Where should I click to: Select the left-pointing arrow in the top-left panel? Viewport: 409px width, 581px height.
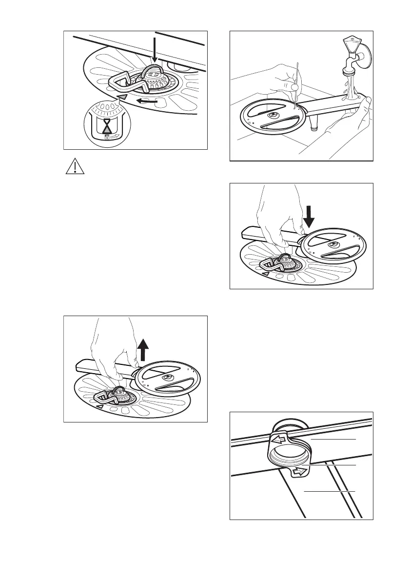tap(147, 101)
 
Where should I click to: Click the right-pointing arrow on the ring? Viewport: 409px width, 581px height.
tap(301, 472)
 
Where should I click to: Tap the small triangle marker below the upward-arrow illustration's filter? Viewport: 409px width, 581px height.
tap(100, 406)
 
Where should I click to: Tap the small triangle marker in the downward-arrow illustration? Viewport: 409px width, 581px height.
tap(266, 275)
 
